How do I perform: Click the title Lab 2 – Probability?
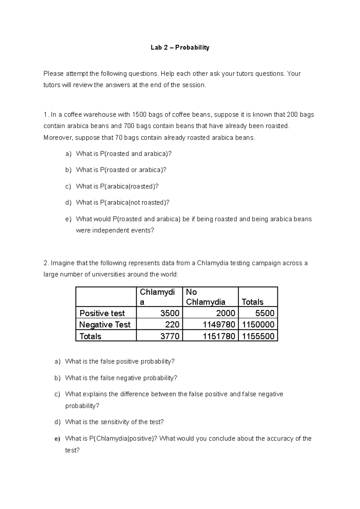[x=180, y=47]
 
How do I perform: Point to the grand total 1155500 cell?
[x=258, y=336]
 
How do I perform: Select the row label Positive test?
[x=102, y=313]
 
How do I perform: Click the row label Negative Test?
[x=105, y=324]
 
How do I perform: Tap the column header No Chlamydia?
[x=205, y=297]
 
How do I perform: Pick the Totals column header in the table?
[x=252, y=302]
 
